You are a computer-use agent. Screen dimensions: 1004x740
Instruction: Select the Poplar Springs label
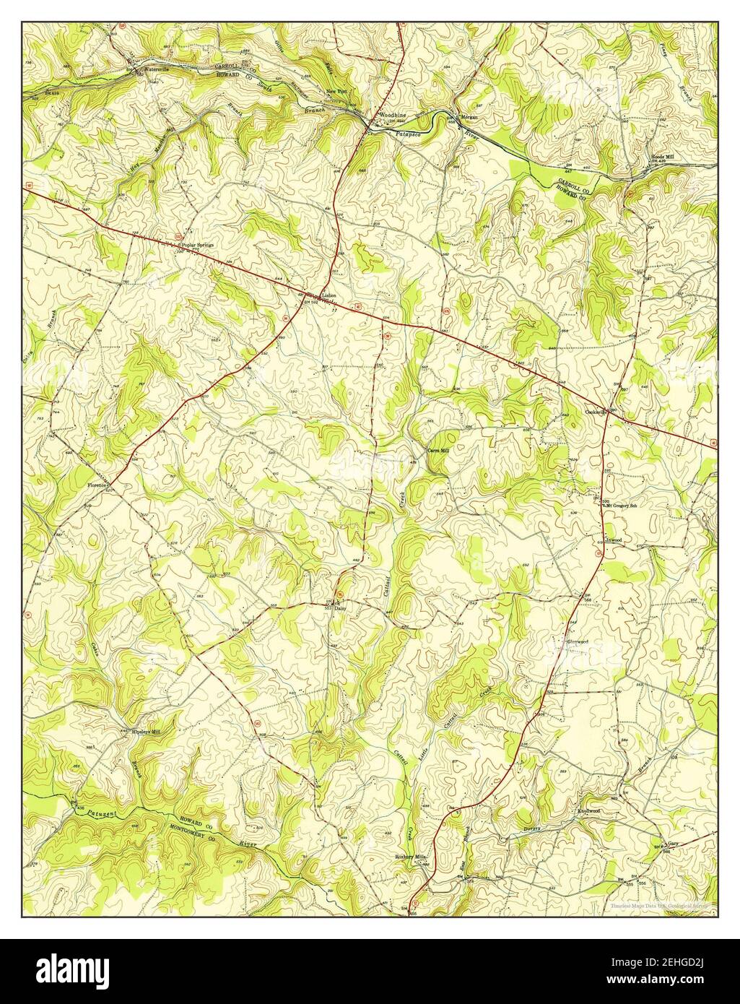coord(199,246)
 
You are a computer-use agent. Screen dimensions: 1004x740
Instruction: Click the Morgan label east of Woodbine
coord(469,117)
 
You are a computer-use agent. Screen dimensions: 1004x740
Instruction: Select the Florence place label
coord(97,485)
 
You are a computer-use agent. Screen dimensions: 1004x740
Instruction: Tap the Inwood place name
coord(614,540)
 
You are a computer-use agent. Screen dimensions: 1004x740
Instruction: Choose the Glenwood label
coord(578,641)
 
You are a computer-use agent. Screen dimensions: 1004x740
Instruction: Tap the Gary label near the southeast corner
coord(673,843)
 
